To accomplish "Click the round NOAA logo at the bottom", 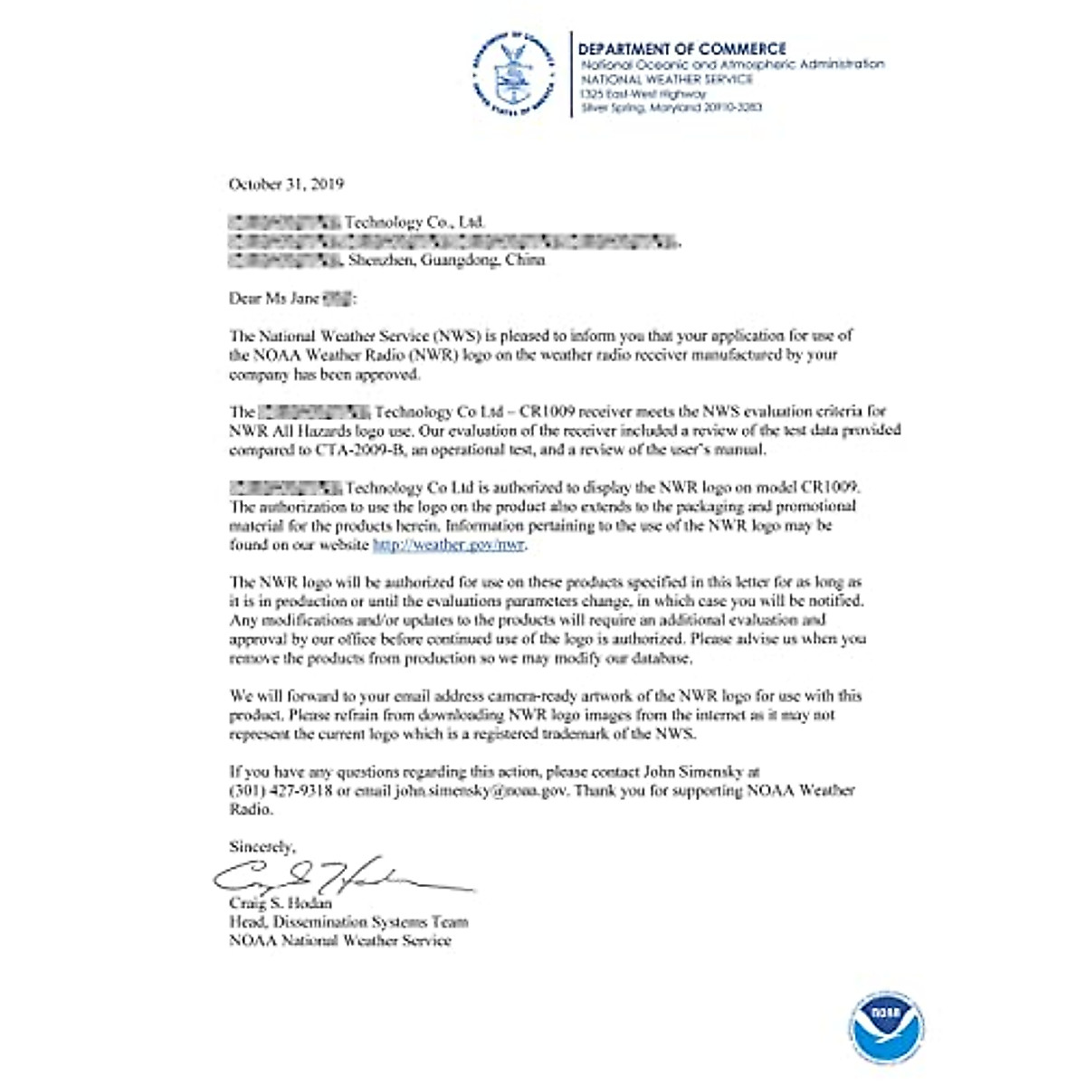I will (x=887, y=1026).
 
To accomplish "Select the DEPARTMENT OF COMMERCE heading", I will (x=682, y=49).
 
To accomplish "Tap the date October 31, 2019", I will (x=286, y=184).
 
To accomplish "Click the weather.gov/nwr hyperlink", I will (x=449, y=545).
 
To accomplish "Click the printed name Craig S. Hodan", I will (x=281, y=903).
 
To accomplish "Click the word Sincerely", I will (x=262, y=847).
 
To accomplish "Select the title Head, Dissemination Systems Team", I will (x=348, y=922).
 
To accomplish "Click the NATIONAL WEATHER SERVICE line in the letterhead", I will (x=666, y=79).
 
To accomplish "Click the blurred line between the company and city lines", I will (x=452, y=241).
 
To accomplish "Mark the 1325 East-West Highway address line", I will (x=643, y=93).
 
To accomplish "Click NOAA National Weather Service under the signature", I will (x=339, y=941).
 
